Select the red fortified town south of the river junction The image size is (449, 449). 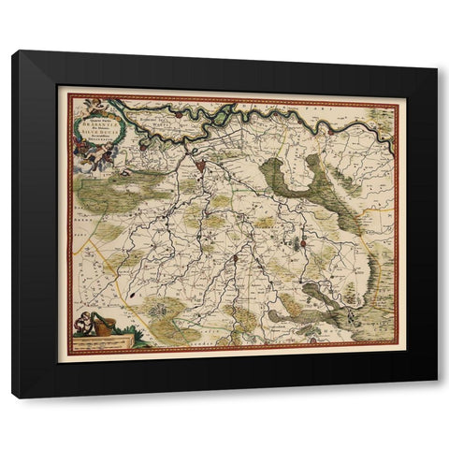pos(202,166)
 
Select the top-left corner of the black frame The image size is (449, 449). pos(13,52)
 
